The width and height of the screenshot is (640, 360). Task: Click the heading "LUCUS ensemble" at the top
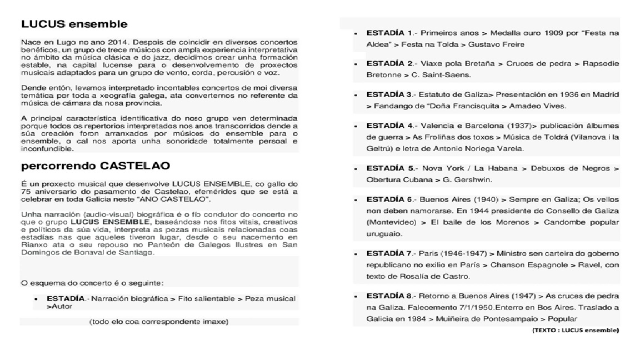click(74, 24)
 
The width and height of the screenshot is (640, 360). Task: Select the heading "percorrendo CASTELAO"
click(95, 166)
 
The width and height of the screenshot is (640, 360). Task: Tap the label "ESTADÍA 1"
click(389, 33)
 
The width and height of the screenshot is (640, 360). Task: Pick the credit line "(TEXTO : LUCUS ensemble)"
click(576, 330)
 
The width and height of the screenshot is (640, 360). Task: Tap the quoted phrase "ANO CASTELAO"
click(183, 199)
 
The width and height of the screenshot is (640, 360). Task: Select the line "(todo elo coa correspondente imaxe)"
click(159, 321)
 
